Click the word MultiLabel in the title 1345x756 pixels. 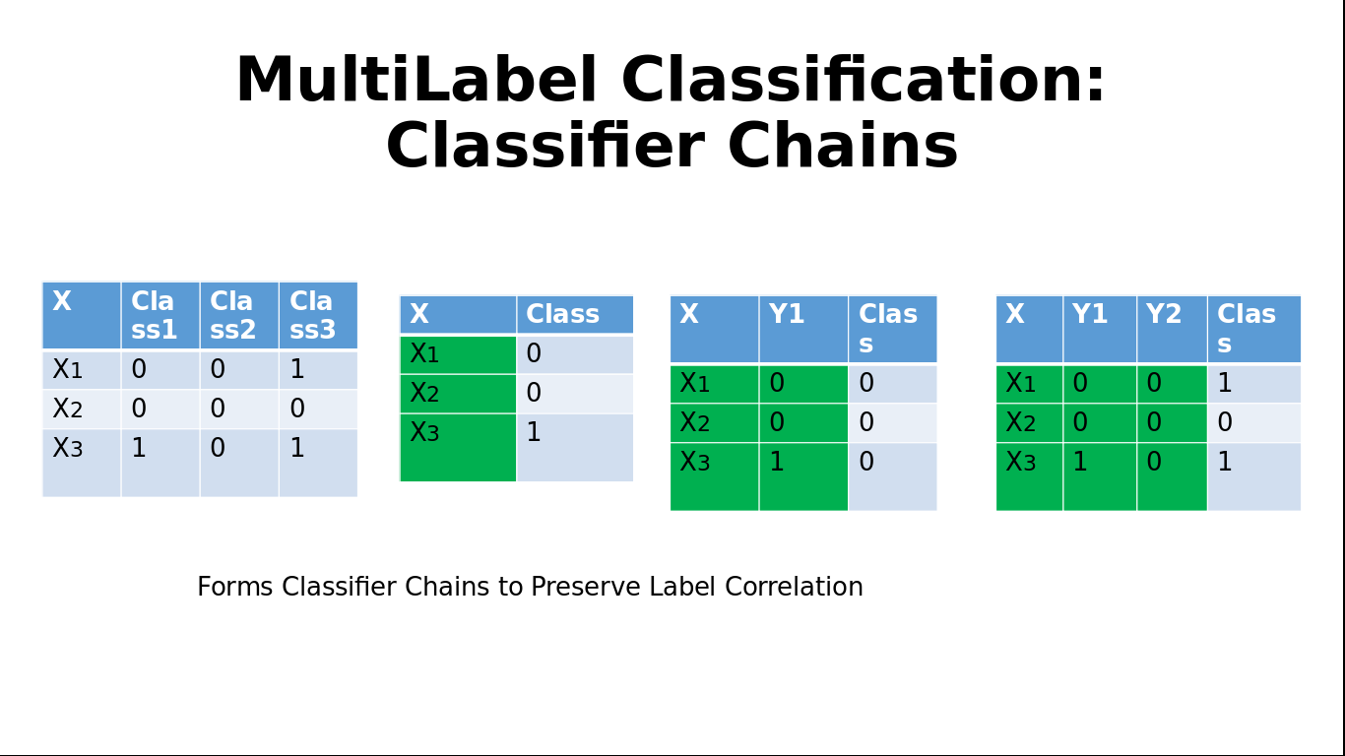pos(416,80)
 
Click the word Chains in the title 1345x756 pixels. pos(843,146)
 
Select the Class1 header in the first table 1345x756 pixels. pos(160,315)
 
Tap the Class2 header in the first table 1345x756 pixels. pos(239,315)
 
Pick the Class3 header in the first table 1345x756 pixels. pos(318,315)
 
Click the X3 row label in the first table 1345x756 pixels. pos(67,448)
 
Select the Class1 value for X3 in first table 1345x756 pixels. pos(139,448)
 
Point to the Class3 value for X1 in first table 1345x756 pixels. pos(296,369)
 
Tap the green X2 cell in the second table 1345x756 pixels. pos(458,394)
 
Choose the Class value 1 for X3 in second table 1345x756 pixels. pos(534,432)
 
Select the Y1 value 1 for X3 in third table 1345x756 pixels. pos(777,461)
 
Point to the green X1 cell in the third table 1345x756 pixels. pos(715,384)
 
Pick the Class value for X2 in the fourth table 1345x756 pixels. pos(1225,422)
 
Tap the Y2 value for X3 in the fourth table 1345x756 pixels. pos(1154,461)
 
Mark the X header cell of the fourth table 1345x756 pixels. pos(1029,329)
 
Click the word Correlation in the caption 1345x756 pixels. pos(794,587)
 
